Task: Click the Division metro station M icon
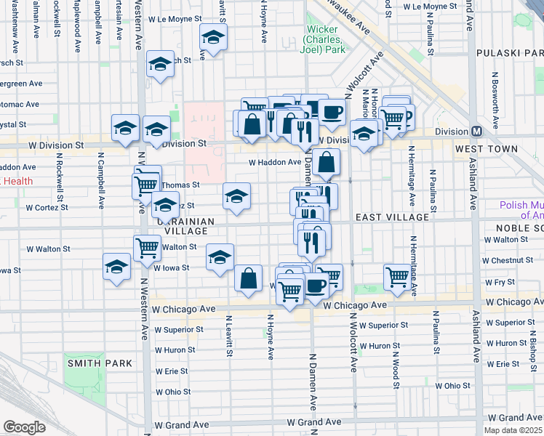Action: click(x=477, y=132)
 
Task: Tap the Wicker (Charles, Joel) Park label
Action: click(x=324, y=40)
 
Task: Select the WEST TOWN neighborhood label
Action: click(x=487, y=149)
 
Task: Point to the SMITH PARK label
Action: click(x=100, y=363)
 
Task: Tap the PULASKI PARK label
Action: click(x=509, y=53)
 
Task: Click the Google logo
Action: click(x=24, y=427)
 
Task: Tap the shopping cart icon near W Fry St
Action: click(x=396, y=275)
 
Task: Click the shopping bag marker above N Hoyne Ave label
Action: click(x=248, y=278)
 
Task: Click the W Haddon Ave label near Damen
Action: click(x=274, y=163)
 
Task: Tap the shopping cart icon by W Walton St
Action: click(x=147, y=247)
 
